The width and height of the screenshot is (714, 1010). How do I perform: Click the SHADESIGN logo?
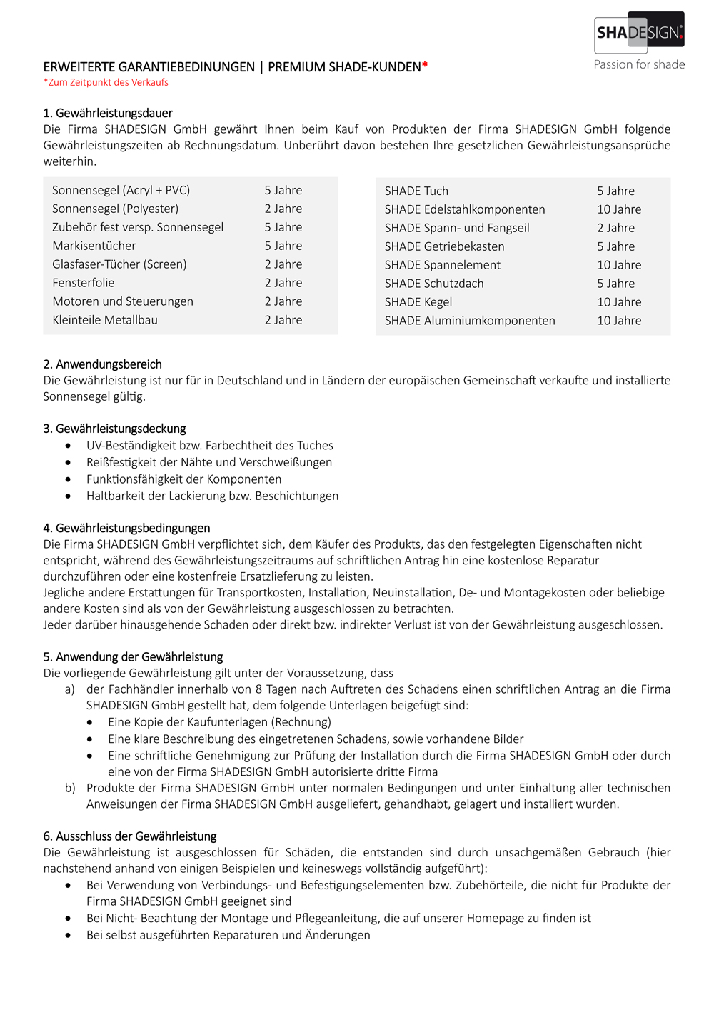pyautogui.click(x=639, y=32)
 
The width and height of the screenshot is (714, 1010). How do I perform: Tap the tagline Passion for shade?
pyautogui.click(x=639, y=64)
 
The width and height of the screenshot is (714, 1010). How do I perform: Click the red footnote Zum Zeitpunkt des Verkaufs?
pyautogui.click(x=106, y=82)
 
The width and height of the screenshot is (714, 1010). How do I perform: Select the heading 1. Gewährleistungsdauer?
pyautogui.click(x=108, y=113)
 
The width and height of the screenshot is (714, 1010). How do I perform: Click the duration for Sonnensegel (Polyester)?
pyautogui.click(x=283, y=209)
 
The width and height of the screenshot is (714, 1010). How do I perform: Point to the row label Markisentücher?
pyautogui.click(x=94, y=246)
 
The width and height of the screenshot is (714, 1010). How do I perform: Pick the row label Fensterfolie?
pyautogui.click(x=83, y=283)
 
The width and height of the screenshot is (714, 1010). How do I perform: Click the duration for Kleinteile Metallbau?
pyautogui.click(x=283, y=320)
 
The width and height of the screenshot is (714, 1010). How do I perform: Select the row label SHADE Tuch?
pyautogui.click(x=416, y=191)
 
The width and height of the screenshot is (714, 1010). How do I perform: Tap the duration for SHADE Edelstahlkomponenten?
pyautogui.click(x=619, y=209)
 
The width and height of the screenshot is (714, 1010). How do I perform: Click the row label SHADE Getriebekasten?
pyautogui.click(x=444, y=246)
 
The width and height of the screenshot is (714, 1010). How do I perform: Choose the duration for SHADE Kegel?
pyautogui.click(x=619, y=302)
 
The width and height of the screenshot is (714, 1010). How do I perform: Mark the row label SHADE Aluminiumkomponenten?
pyautogui.click(x=470, y=321)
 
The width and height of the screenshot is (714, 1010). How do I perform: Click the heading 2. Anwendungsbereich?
pyautogui.click(x=102, y=364)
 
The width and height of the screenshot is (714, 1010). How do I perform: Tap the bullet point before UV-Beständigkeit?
pyautogui.click(x=68, y=446)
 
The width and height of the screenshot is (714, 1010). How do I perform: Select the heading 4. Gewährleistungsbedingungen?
pyautogui.click(x=126, y=528)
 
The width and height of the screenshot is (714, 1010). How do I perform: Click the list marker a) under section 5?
pyautogui.click(x=69, y=689)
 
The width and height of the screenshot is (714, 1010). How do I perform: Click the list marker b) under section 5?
pyautogui.click(x=69, y=788)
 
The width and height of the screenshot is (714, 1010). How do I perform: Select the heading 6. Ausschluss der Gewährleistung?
pyautogui.click(x=129, y=836)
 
